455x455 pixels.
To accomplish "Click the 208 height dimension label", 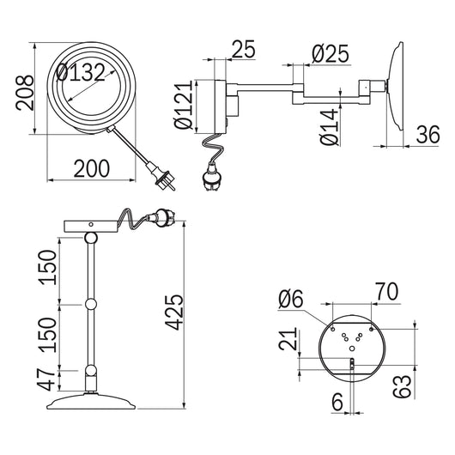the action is (25, 93).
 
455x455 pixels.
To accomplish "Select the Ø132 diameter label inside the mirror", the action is (81, 72).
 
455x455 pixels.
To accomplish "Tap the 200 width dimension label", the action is (92, 168).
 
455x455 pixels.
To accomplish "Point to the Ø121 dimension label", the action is (184, 105).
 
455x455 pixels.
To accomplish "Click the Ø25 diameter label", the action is (331, 54).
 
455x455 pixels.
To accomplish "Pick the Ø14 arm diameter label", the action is (330, 126).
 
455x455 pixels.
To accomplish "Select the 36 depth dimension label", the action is (428, 135).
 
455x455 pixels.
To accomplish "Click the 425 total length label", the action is (174, 312).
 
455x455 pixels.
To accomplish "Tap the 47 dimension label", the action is (46, 379).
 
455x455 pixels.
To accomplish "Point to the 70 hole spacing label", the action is (387, 291).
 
